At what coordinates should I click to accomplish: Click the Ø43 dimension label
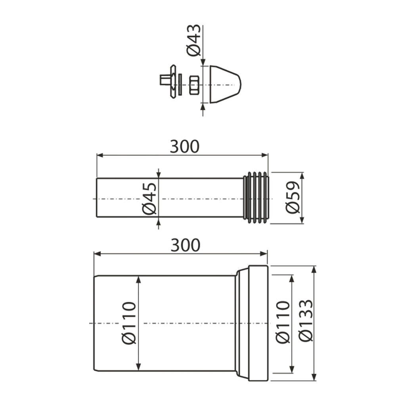[194, 40]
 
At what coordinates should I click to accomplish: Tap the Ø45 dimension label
[149, 199]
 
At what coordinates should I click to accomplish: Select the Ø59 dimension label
[293, 197]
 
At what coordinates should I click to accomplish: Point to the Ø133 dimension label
[306, 320]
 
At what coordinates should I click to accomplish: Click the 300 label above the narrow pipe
[185, 147]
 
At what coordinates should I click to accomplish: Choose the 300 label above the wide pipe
[186, 245]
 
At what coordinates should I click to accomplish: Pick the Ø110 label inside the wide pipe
[129, 323]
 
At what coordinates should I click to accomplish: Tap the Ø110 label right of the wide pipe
[282, 322]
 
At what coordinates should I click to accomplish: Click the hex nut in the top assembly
[194, 85]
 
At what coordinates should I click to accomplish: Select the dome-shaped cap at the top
[225, 84]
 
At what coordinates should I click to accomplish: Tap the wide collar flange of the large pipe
[258, 323]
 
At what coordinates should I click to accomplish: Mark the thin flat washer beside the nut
[180, 84]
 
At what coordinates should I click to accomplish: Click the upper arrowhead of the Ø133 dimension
[314, 269]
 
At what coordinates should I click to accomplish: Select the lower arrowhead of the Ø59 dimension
[302, 220]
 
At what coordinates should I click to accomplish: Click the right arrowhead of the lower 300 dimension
[264, 253]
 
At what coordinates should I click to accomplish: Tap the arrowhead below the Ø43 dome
[203, 107]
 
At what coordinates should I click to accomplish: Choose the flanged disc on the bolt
[173, 81]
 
